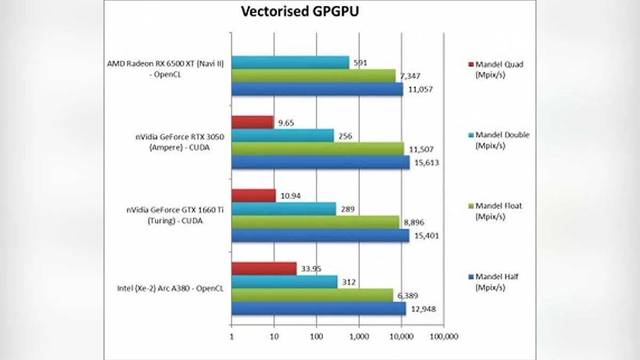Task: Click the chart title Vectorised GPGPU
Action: tap(300, 12)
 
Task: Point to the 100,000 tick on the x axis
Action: tap(444, 337)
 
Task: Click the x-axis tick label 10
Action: tap(274, 337)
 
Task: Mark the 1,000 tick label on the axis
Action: tap(359, 337)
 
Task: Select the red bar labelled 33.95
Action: tap(263, 268)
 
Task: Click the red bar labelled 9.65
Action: tap(252, 123)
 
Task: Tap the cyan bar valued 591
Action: tap(290, 63)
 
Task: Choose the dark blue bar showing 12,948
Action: tap(318, 308)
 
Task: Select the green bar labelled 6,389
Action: tap(312, 295)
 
